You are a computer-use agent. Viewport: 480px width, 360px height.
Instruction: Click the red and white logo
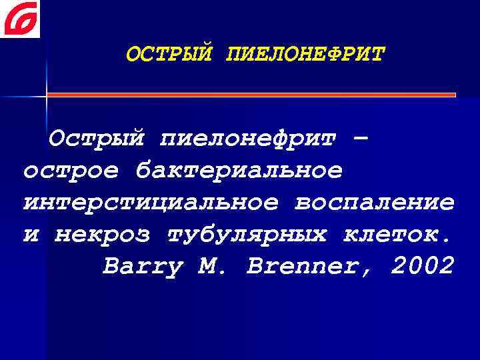click(20, 19)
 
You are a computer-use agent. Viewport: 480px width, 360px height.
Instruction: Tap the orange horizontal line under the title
click(251, 95)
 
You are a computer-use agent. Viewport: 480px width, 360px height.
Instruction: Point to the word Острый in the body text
click(97, 139)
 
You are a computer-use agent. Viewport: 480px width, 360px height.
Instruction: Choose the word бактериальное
click(239, 171)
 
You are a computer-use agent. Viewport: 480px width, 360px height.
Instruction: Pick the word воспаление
click(373, 203)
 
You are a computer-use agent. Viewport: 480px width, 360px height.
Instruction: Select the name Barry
click(143, 267)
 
